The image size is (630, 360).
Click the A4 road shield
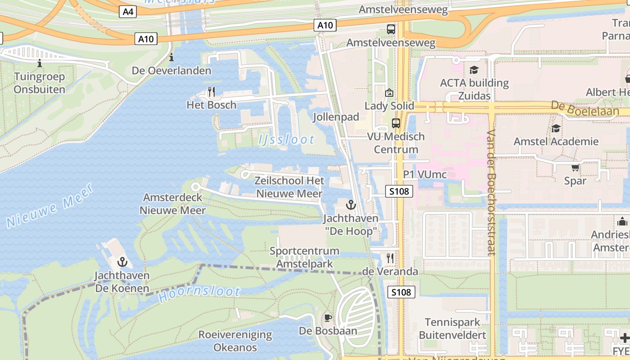(128, 12)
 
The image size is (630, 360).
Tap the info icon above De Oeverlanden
(171, 58)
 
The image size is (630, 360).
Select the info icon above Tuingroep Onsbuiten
(40, 63)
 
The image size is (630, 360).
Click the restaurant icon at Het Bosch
(211, 92)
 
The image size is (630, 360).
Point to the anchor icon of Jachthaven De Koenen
(122, 262)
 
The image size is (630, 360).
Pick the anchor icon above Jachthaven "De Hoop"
(351, 205)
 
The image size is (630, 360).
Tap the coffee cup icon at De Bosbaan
(328, 318)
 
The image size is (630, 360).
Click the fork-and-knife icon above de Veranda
(390, 258)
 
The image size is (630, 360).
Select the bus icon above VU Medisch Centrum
(396, 123)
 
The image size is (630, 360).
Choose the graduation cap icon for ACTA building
(474, 70)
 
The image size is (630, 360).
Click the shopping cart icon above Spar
(575, 168)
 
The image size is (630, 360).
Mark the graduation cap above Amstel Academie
(556, 128)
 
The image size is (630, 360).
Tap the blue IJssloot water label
(287, 139)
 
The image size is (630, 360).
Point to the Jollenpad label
(336, 117)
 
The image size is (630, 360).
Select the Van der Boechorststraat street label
(491, 193)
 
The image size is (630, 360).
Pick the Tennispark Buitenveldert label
(452, 328)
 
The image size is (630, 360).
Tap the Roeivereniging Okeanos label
(235, 341)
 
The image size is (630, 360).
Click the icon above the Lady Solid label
(389, 93)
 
